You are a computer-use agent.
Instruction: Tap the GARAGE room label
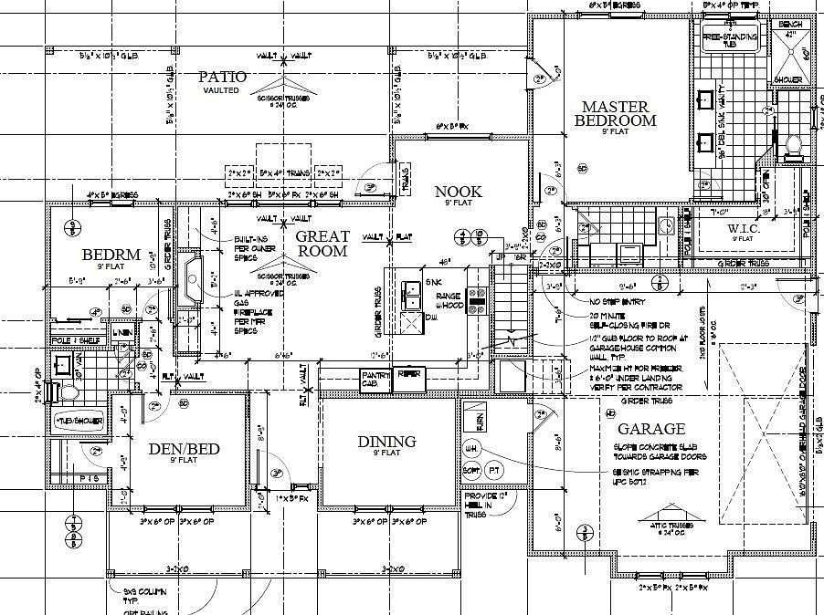click(x=650, y=429)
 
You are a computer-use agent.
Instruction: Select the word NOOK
click(x=458, y=192)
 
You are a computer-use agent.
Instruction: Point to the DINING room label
click(x=386, y=442)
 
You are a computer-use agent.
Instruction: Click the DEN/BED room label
click(x=186, y=448)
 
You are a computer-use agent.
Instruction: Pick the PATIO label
click(x=223, y=78)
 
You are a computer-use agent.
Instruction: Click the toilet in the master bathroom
click(x=791, y=144)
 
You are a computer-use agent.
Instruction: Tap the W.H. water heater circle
click(x=472, y=449)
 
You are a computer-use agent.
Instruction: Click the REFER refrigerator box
click(x=409, y=375)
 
